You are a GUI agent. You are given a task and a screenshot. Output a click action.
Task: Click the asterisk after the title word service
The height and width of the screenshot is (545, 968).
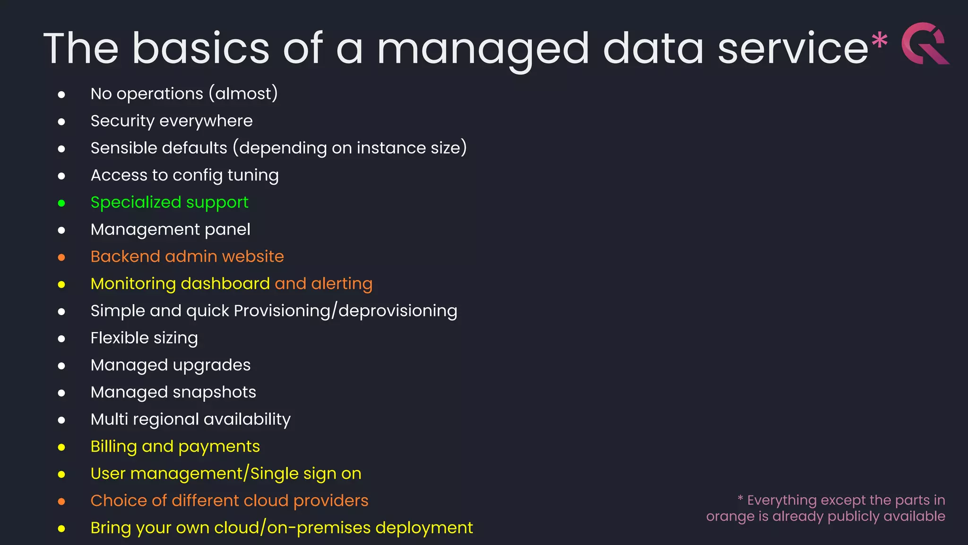click(879, 40)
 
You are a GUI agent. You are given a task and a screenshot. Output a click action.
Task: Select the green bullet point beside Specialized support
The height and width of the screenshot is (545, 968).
click(61, 203)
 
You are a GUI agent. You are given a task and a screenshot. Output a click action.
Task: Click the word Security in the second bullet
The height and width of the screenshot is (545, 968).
click(122, 121)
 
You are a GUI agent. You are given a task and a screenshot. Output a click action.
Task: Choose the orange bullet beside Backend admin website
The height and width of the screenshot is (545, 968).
click(61, 257)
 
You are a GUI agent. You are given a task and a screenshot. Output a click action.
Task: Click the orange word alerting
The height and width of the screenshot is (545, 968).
click(342, 284)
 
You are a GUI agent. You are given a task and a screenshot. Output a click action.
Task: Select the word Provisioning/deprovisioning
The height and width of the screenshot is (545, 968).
click(345, 311)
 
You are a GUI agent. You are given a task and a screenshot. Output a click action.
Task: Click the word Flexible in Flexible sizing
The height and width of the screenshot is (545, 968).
click(120, 338)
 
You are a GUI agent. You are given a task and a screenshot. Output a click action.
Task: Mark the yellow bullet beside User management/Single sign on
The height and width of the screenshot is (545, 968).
click(61, 475)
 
